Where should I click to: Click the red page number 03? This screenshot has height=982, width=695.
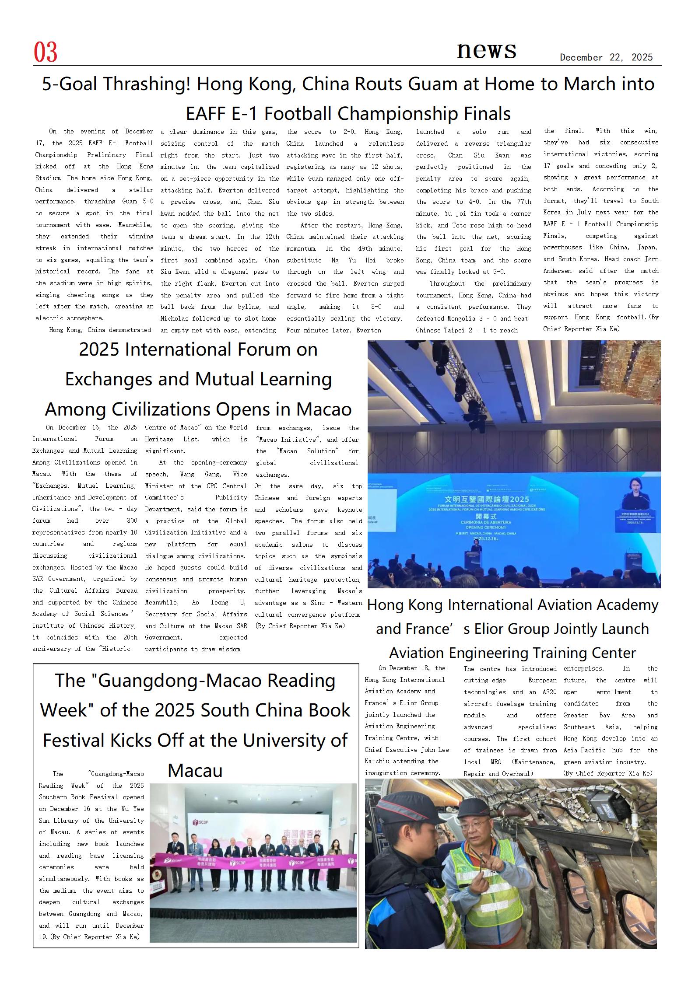(x=46, y=52)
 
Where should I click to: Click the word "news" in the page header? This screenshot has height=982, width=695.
(x=486, y=50)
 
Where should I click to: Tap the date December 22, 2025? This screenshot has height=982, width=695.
(x=606, y=58)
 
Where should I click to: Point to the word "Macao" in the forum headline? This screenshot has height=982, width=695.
(x=324, y=409)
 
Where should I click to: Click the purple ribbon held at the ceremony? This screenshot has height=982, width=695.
(x=254, y=862)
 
